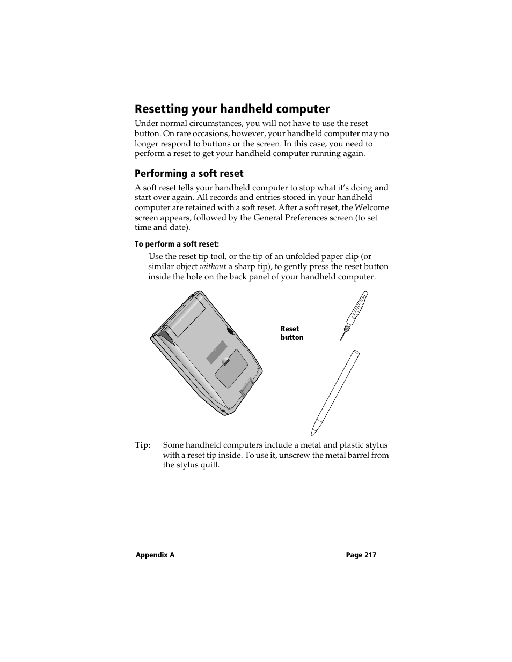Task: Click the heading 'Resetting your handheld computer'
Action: [x=232, y=109]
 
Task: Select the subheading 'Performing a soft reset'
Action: [x=189, y=174]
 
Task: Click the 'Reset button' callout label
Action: [x=291, y=333]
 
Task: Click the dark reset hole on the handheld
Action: [x=231, y=331]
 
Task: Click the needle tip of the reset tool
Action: [x=341, y=338]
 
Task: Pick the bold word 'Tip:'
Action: [x=142, y=445]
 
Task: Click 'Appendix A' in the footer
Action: [x=155, y=555]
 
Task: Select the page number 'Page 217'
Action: [x=361, y=555]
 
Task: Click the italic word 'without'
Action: [x=213, y=266]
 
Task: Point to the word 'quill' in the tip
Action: [x=209, y=465]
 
